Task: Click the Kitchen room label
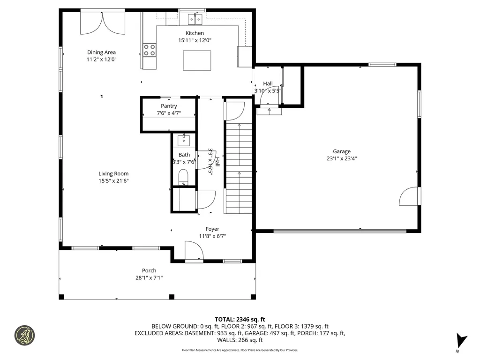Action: tap(195, 33)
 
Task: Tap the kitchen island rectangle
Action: tap(197, 60)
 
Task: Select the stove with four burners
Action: tap(150, 50)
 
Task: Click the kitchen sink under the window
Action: tap(195, 19)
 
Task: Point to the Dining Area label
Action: tap(101, 52)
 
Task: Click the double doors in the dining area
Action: tap(103, 22)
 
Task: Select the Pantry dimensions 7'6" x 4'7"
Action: tap(169, 113)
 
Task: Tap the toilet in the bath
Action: tap(183, 176)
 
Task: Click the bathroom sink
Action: tap(183, 140)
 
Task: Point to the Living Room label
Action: tap(113, 173)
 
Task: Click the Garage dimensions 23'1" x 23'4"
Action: tap(342, 158)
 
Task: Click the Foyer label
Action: tap(212, 229)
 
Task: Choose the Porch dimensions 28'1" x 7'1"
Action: tap(149, 277)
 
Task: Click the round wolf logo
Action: tap(25, 335)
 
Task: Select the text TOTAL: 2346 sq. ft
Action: tap(240, 319)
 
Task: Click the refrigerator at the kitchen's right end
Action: tap(245, 57)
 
